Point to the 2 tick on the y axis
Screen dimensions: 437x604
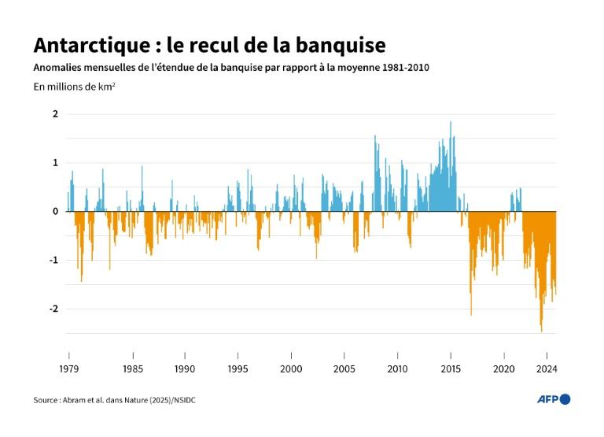click(x=55, y=114)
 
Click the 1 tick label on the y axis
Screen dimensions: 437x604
click(x=55, y=163)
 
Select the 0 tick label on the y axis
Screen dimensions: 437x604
click(x=55, y=212)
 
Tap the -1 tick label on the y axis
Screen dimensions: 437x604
click(x=53, y=261)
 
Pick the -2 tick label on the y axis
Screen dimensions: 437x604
click(x=53, y=309)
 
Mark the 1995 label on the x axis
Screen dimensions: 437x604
click(x=238, y=368)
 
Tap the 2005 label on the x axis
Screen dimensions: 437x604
click(x=344, y=368)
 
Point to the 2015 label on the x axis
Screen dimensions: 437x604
click(x=451, y=368)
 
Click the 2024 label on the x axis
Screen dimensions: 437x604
click(x=545, y=368)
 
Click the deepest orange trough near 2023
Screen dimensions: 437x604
click(x=541, y=329)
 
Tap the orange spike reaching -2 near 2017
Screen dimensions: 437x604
click(x=471, y=313)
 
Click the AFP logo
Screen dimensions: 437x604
click(x=553, y=400)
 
